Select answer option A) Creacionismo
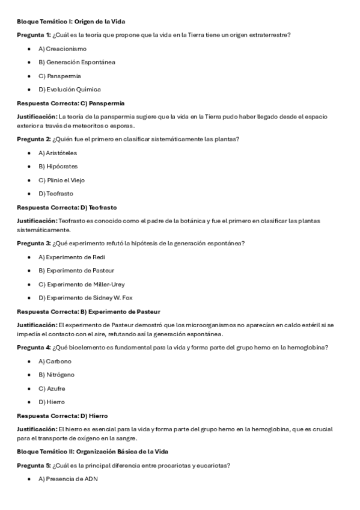point(63,49)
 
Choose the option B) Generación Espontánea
point(77,62)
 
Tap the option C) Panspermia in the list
point(59,76)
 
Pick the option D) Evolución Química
point(70,90)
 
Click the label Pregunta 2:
point(34,140)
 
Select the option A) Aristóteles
point(58,153)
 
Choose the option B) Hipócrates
point(58,167)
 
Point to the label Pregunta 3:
point(34,243)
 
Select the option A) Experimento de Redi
point(72,257)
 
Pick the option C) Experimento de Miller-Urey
point(82,284)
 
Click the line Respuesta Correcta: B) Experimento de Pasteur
point(88,312)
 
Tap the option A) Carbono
point(55,361)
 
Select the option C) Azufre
point(52,389)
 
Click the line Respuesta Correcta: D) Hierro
point(62,416)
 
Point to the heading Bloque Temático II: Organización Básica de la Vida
point(92,452)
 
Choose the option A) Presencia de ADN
point(68,479)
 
